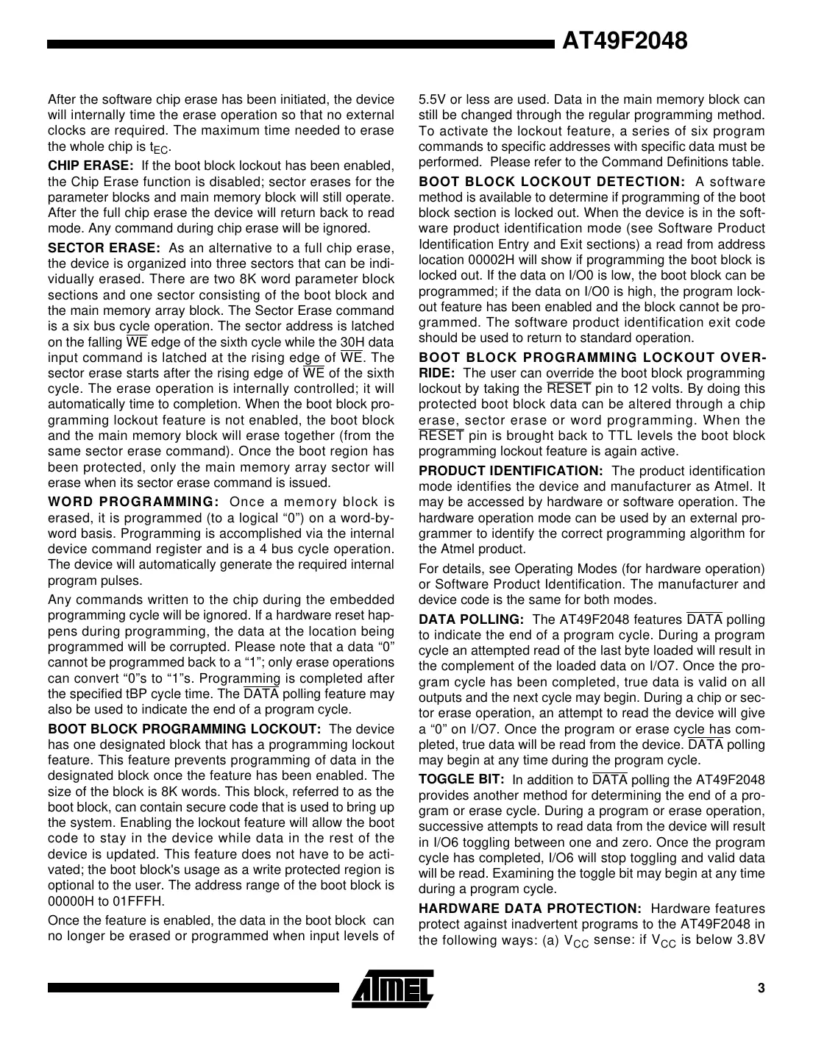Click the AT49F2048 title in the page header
625,40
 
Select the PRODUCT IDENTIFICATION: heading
511,471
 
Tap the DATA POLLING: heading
471,619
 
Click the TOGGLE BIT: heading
461,780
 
